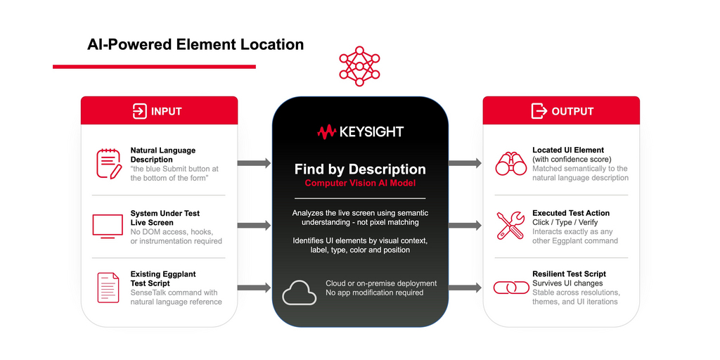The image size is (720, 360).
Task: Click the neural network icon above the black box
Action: pos(359,66)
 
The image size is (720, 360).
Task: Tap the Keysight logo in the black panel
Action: pos(360,132)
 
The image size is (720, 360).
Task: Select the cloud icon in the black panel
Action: pos(300,292)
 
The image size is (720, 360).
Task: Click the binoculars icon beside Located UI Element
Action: pos(511,163)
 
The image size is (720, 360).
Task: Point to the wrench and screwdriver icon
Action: pos(510,226)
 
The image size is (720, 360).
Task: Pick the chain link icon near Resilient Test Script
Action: pos(511,288)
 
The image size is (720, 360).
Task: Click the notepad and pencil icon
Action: pos(109,163)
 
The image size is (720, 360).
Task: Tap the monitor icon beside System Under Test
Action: pos(108,226)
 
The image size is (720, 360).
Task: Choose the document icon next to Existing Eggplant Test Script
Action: pos(108,288)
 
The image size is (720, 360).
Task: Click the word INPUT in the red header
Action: pos(166,112)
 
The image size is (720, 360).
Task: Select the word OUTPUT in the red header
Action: pos(572,112)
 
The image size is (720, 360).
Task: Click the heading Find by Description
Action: pos(360,169)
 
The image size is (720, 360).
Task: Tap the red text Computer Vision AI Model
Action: pos(360,184)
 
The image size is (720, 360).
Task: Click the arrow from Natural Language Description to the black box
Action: pos(254,163)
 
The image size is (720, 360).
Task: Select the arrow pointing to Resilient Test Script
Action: pos(465,288)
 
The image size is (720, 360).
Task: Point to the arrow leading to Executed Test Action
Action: pos(465,226)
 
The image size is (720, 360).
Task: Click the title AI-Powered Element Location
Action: pos(195,45)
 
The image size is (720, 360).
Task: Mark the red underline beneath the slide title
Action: pos(154,67)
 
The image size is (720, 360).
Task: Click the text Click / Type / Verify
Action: pos(565,223)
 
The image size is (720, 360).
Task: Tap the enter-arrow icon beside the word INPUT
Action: pos(140,111)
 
